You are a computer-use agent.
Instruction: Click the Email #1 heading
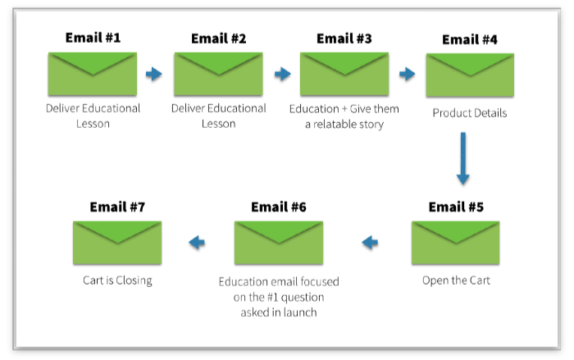click(x=93, y=38)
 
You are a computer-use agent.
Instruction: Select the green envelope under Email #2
click(x=218, y=75)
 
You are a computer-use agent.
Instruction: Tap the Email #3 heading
click(x=344, y=38)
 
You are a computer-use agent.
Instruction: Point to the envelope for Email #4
click(x=470, y=75)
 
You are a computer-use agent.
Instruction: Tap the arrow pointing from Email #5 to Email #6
click(x=371, y=242)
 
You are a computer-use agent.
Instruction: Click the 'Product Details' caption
click(x=470, y=113)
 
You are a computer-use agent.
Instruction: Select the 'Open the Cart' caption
click(x=456, y=281)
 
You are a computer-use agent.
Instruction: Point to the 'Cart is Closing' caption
click(x=117, y=280)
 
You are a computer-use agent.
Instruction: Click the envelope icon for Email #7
click(x=117, y=243)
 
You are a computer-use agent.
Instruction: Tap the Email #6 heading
click(x=279, y=207)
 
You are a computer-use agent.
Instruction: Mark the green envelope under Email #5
click(x=456, y=243)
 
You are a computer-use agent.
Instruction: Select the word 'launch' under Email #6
click(x=300, y=312)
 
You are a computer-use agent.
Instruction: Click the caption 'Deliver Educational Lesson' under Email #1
click(x=93, y=116)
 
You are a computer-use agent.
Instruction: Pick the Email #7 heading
click(x=117, y=207)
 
